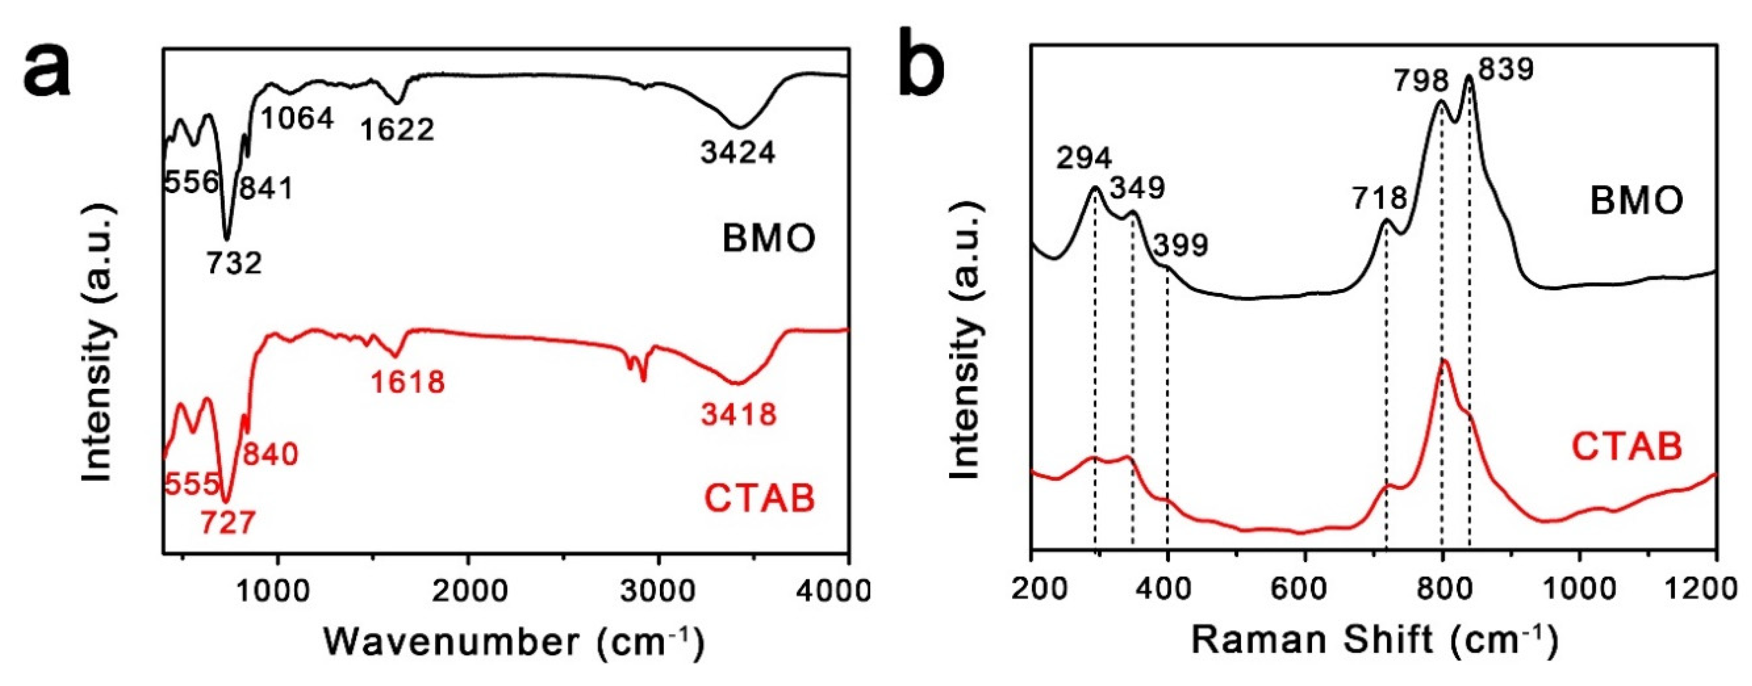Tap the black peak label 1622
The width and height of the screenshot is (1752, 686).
tap(397, 129)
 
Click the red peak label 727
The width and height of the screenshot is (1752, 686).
tap(228, 523)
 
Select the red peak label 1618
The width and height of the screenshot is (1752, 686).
tap(407, 382)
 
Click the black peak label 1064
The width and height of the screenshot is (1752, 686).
tap(297, 119)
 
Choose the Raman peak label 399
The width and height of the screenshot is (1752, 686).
tap(1181, 245)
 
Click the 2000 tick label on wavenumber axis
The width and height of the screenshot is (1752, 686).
tap(468, 590)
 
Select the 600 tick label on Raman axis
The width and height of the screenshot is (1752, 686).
tap(1304, 588)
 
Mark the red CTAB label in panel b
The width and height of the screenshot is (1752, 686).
tap(1625, 447)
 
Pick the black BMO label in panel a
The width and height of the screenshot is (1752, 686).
tap(769, 239)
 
